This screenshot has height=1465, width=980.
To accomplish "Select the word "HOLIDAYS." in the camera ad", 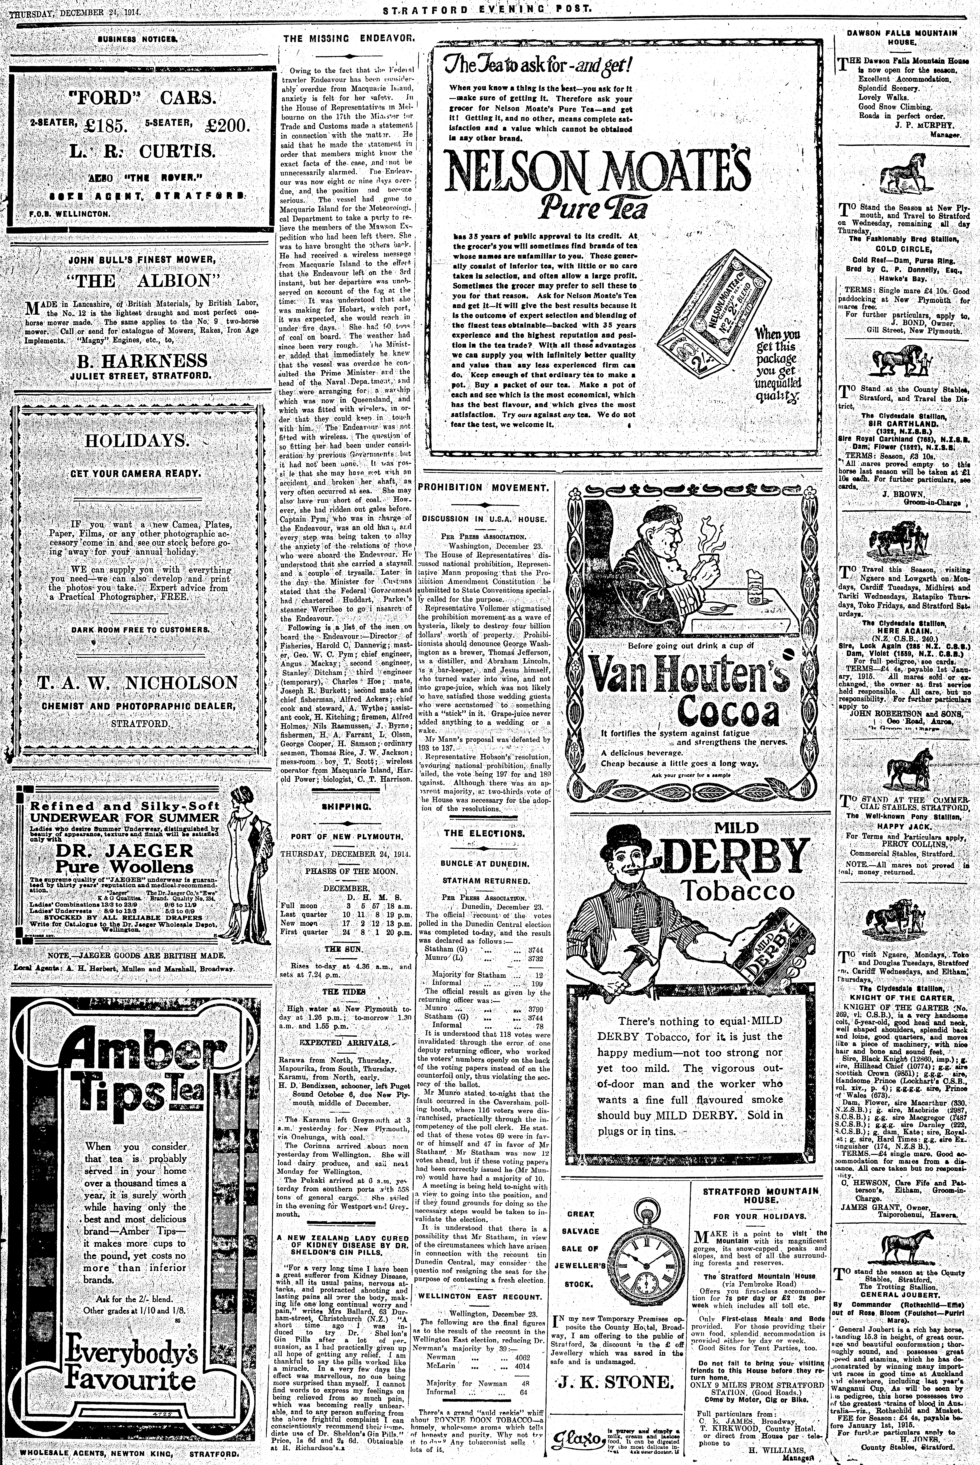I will (x=137, y=440).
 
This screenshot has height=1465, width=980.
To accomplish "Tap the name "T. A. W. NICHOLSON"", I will (x=140, y=683).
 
